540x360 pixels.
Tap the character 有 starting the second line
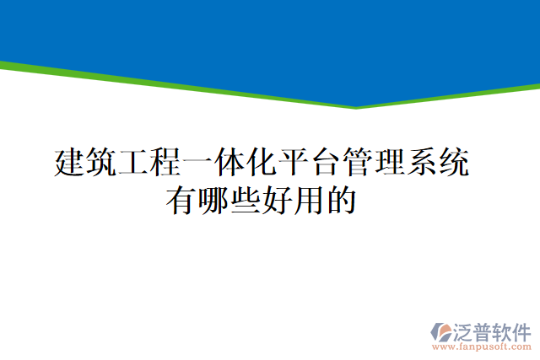click(x=181, y=201)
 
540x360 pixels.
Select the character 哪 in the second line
click(x=213, y=201)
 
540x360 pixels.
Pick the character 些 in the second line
click(x=244, y=201)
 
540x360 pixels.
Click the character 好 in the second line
click(x=276, y=201)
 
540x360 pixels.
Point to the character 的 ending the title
click(x=338, y=201)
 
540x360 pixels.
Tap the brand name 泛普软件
click(x=494, y=330)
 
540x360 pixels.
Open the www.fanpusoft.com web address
click(x=482, y=347)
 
